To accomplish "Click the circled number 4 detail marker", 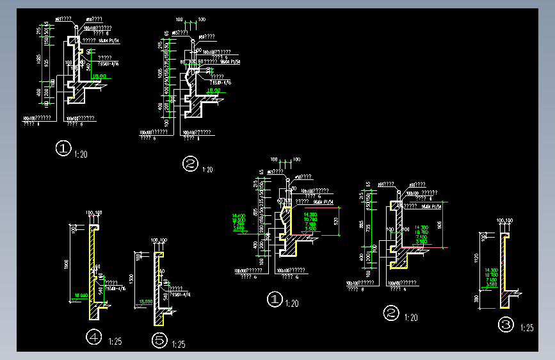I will pyautogui.click(x=94, y=336).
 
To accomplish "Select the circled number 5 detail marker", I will pyautogui.click(x=159, y=340).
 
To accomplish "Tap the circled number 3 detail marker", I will pyautogui.click(x=506, y=325).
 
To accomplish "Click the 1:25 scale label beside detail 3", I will pyautogui.click(x=527, y=328).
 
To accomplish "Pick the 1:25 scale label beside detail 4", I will pyautogui.click(x=115, y=341).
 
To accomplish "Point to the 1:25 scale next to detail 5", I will pyautogui.click(x=179, y=345).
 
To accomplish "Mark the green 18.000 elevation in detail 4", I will pyautogui.click(x=81, y=295).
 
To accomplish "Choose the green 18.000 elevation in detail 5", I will pyautogui.click(x=144, y=301).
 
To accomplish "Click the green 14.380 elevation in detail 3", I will pyautogui.click(x=492, y=270).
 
